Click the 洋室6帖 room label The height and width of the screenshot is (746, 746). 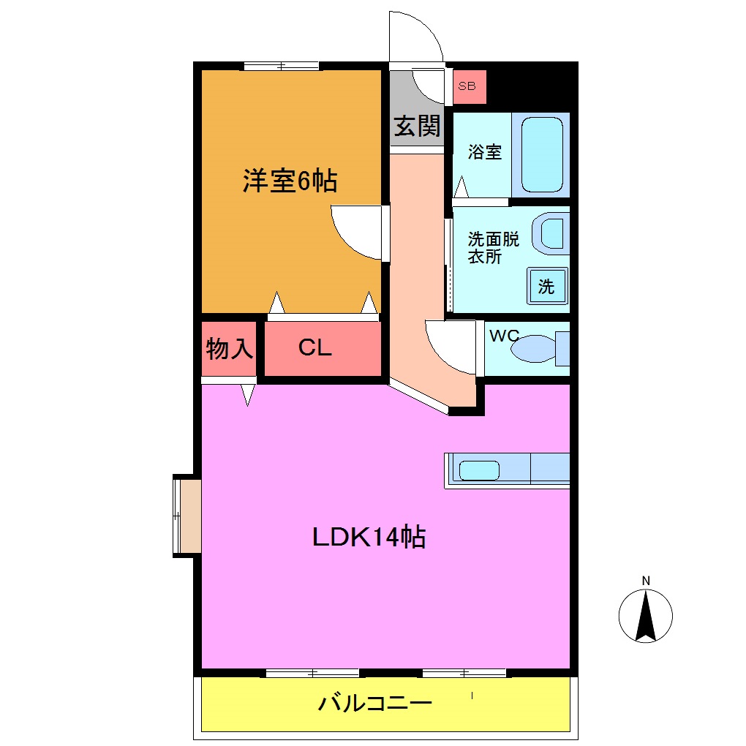tap(290, 181)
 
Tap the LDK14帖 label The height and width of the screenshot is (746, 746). tap(369, 538)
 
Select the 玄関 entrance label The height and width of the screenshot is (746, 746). tap(418, 126)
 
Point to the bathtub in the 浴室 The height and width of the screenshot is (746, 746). tap(542, 154)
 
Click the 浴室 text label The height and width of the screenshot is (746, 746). tap(485, 152)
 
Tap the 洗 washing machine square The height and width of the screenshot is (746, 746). tap(546, 287)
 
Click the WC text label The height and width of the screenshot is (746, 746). tap(504, 336)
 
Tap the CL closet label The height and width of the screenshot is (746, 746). tap(315, 348)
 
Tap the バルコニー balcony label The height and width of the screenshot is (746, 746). tap(374, 704)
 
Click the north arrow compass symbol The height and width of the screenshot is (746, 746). tap(646, 617)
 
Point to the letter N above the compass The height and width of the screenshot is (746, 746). tap(646, 581)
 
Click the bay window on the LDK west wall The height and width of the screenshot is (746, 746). tap(187, 516)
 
